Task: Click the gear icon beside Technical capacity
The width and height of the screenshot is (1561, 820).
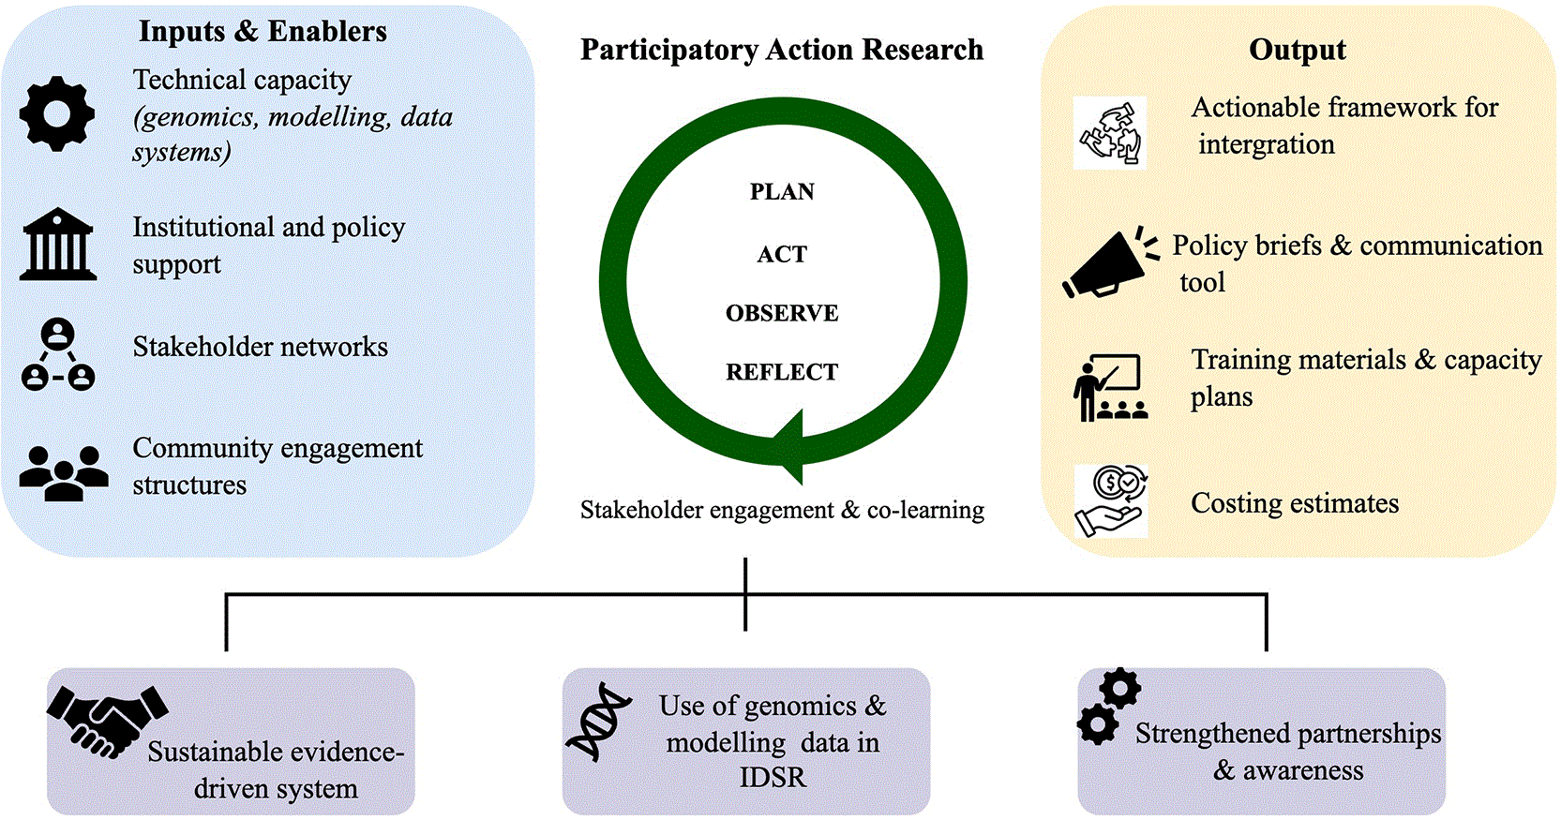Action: pos(57,113)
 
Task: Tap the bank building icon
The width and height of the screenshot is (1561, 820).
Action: pos(58,244)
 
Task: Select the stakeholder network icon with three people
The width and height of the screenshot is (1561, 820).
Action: pos(58,354)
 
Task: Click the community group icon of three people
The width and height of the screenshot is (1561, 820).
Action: pos(64,473)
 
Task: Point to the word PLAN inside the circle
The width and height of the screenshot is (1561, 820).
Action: pos(782,191)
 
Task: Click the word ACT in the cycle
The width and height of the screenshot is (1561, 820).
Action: pos(782,254)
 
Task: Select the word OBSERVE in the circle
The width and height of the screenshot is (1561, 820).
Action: pos(782,314)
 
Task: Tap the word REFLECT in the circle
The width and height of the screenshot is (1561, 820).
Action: pos(782,372)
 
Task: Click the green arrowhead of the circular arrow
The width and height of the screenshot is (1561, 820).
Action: pos(788,447)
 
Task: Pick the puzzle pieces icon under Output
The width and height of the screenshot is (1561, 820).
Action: pos(1109,132)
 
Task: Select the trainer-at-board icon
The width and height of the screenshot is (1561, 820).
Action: pos(1110,387)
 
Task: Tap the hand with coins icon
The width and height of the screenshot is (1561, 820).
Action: pos(1111,501)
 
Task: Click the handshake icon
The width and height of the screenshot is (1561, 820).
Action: pos(107,722)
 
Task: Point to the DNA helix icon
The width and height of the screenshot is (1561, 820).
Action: pos(598,721)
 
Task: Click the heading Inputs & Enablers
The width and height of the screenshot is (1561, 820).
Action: pos(263,31)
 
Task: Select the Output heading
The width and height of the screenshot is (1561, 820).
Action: pos(1298,50)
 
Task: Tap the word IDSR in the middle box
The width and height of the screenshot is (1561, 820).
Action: pos(773,778)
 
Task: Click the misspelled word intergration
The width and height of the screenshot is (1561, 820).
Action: pos(1267,144)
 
